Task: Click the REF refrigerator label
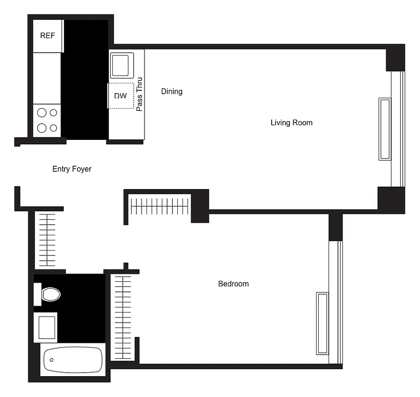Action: (48, 36)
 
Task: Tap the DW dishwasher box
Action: (121, 96)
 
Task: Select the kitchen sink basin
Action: (120, 66)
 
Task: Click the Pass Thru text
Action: (140, 94)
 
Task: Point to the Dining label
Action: (172, 91)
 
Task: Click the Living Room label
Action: (291, 123)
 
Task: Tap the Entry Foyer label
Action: (72, 169)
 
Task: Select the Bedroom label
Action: (233, 284)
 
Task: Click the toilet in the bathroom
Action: (50, 294)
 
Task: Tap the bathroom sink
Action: (46, 327)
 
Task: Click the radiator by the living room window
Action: (385, 129)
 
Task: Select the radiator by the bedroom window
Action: (322, 323)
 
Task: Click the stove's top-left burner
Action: (42, 113)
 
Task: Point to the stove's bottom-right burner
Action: (53, 128)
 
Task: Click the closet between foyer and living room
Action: (160, 206)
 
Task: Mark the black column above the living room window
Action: (395, 58)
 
